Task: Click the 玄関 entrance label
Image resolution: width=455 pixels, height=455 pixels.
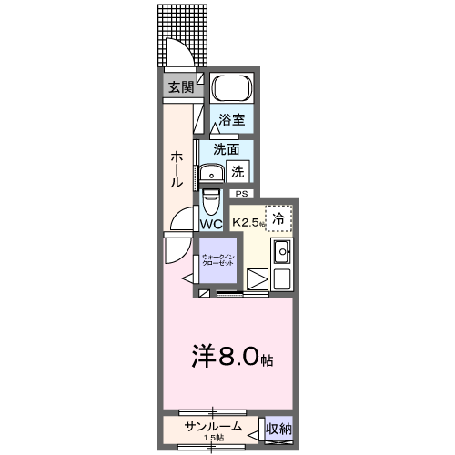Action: pos(180,87)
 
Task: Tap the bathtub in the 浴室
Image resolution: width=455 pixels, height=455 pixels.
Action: pos(232,91)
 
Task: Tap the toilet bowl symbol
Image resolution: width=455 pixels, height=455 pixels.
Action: pos(210,198)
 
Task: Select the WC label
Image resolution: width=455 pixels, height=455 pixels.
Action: pos(210,223)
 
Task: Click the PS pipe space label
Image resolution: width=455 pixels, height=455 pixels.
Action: pos(242,194)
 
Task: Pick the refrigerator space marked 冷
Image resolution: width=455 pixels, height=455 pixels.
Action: pos(279,217)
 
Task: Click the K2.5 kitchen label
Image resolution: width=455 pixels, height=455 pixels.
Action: pos(248,222)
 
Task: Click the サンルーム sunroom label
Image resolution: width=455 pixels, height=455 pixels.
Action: pos(212,427)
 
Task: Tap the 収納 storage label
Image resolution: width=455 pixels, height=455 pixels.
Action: pos(278,428)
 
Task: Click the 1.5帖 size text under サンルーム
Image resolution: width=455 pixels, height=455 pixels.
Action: pos(213,439)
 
